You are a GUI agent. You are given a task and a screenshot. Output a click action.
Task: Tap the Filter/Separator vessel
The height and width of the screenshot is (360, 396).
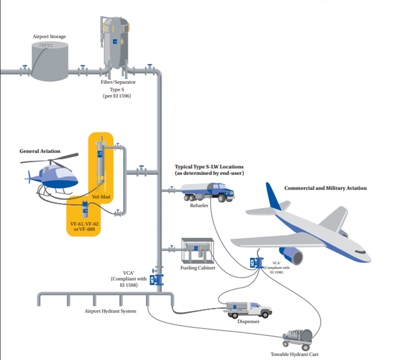115,40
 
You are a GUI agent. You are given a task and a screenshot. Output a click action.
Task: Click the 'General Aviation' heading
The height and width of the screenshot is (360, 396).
40,151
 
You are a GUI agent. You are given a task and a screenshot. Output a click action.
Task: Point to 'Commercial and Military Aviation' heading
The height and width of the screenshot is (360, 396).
325,188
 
